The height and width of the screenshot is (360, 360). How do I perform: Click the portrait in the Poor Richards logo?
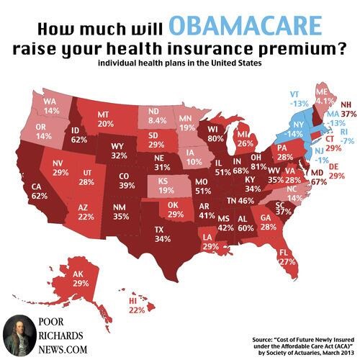point(20,336)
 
